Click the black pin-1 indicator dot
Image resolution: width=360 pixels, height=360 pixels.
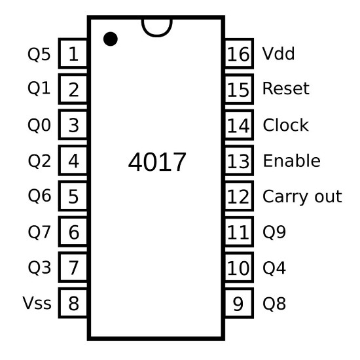click(111, 39)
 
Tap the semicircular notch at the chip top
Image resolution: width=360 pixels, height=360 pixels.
click(157, 35)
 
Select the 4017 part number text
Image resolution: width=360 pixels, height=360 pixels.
click(157, 162)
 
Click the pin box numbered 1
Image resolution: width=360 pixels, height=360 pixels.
click(73, 53)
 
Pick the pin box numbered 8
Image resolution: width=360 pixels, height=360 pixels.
click(73, 303)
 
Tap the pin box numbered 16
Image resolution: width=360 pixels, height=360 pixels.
click(239, 53)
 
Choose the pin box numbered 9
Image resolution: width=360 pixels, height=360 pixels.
click(239, 303)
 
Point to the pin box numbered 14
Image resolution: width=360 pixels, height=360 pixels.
click(239, 124)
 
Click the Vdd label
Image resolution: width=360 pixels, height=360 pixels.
click(278, 54)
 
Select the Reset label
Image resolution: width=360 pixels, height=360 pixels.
click(286, 88)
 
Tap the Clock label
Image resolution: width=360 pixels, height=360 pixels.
click(285, 125)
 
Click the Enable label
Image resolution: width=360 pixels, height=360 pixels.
click(291, 160)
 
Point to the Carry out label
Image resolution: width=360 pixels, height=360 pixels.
click(302, 197)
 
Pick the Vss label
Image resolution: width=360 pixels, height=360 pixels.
click(37, 303)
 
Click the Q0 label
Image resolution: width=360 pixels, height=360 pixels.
click(39, 126)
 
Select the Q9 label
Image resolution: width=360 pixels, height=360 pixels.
click(274, 232)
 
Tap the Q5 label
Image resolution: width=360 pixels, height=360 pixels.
click(39, 54)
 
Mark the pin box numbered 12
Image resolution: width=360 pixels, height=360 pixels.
click(239, 196)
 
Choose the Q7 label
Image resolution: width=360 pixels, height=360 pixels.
click(39, 232)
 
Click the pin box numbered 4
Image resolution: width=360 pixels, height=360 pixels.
click(73, 160)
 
